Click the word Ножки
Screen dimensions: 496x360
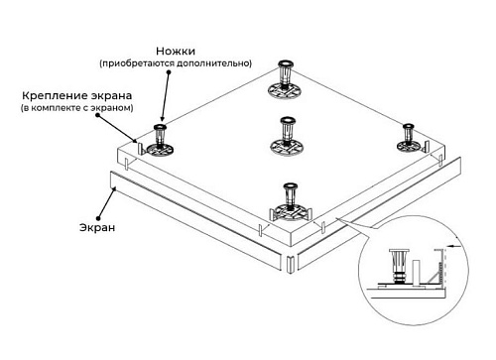pos(176,52)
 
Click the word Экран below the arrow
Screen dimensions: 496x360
pos(97,227)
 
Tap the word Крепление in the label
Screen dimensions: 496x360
pos(52,96)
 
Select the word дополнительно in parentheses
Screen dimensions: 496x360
pos(213,63)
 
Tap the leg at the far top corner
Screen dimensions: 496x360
pos(285,80)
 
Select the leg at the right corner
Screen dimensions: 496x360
pos(410,138)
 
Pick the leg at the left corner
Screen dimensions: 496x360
pos(160,141)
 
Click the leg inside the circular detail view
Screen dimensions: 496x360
pos(400,267)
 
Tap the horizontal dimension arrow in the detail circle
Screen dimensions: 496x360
pos(454,246)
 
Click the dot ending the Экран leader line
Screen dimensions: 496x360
pos(98,218)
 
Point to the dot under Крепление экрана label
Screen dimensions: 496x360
pos(97,115)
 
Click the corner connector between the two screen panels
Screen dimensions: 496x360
pos(290,264)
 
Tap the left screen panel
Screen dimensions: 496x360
pos(196,218)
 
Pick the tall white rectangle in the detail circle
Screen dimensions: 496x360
pos(417,273)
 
